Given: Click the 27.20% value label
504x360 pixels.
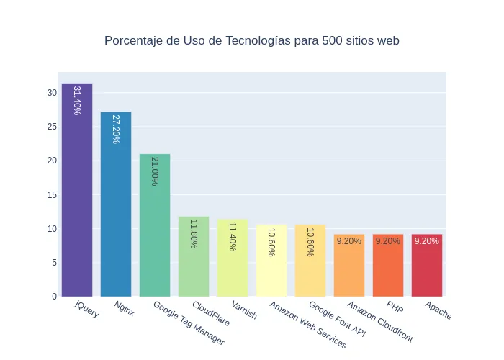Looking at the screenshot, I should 116,129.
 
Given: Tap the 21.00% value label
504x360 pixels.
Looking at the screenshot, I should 155,171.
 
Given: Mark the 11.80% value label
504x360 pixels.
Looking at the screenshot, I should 194,234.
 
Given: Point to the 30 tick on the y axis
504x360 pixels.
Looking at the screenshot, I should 52,93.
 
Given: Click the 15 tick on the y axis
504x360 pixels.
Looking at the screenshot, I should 52,194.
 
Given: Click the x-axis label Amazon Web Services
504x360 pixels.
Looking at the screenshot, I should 308,325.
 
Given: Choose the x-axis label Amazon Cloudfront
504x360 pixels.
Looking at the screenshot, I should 380,321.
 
